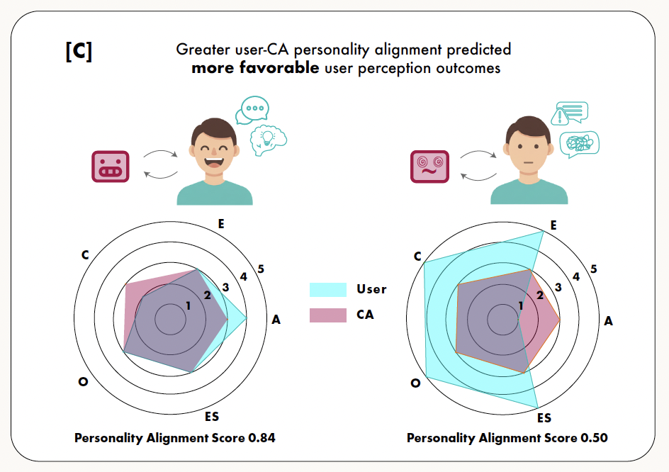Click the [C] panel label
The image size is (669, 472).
point(79,53)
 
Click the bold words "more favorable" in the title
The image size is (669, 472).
point(254,69)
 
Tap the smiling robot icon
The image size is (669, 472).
point(110,167)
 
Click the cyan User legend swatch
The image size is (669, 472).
point(328,289)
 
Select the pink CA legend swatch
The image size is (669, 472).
point(328,315)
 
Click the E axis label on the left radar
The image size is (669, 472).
point(222,224)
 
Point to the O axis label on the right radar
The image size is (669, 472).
point(415,383)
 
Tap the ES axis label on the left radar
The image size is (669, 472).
point(211,416)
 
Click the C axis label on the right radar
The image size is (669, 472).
point(418,256)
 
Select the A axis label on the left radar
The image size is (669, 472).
point(276,320)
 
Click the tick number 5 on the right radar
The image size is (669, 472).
point(594,269)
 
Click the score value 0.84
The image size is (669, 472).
point(262,438)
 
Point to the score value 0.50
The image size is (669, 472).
point(594,438)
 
